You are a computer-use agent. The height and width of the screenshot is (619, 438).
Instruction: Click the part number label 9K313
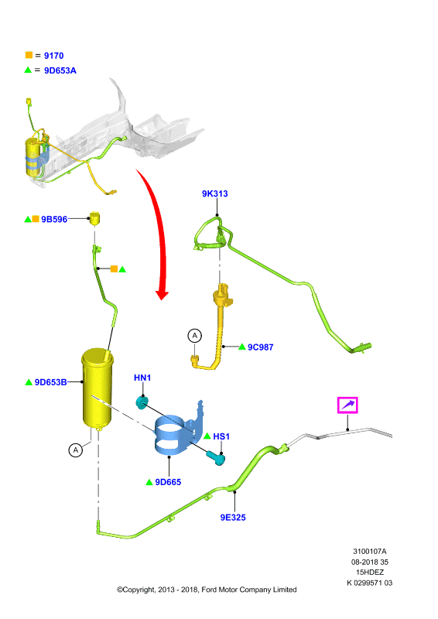(x=215, y=193)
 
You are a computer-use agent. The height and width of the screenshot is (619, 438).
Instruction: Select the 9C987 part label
(x=260, y=347)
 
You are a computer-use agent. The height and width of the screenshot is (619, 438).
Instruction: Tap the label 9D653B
(x=50, y=382)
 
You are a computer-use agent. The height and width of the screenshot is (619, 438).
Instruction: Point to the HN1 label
(x=142, y=378)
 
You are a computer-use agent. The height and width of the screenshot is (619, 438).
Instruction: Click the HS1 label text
(x=221, y=436)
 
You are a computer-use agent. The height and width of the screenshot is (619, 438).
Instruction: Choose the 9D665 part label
(x=168, y=482)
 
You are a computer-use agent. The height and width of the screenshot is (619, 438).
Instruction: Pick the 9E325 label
(x=233, y=518)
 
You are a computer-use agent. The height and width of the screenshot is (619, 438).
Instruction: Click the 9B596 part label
(x=54, y=220)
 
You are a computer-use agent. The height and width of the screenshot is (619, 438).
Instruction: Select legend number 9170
(x=53, y=56)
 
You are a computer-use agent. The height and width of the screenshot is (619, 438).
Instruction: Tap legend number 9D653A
(x=60, y=70)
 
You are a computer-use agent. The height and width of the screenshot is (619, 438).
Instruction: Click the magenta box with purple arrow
(x=347, y=405)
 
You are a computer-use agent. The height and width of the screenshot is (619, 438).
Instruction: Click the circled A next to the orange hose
(x=194, y=336)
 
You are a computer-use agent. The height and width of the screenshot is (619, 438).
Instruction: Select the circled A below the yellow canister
(x=75, y=450)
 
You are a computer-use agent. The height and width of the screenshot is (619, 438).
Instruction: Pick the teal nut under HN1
(x=142, y=402)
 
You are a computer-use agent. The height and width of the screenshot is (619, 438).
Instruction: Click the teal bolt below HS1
(x=216, y=458)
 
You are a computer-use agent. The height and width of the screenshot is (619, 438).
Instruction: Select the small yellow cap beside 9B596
(x=94, y=218)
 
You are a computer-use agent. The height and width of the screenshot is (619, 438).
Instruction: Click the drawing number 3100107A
(x=370, y=551)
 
